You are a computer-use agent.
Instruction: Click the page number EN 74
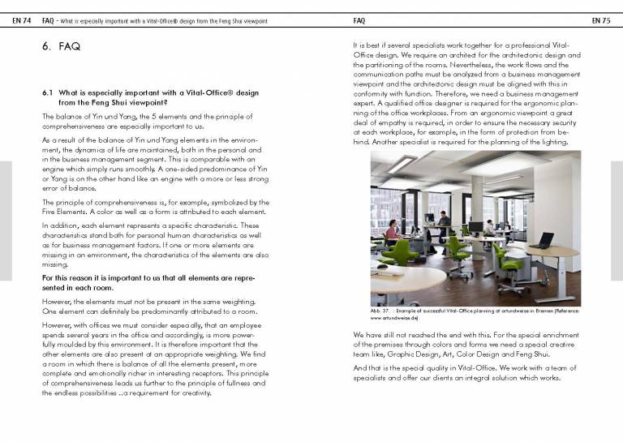click(x=22, y=19)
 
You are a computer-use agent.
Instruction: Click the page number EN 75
click(x=600, y=19)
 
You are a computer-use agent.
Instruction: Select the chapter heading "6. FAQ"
click(x=61, y=47)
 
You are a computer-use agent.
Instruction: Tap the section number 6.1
click(x=47, y=93)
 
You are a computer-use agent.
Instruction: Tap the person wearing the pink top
click(x=393, y=232)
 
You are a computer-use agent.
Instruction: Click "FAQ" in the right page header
click(x=362, y=19)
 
